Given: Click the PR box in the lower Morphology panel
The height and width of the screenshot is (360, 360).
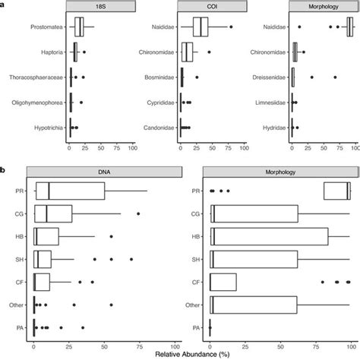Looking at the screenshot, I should [337, 191].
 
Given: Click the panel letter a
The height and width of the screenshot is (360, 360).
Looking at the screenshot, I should [4, 4].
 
